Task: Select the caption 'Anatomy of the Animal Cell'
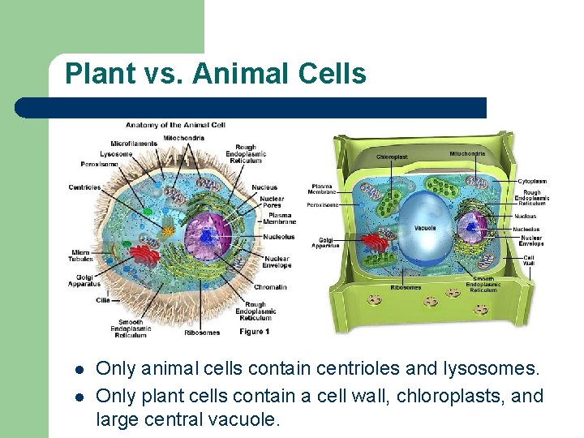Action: [174, 125]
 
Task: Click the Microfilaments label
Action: [135, 144]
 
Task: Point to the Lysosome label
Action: [116, 153]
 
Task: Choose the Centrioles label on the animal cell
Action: [84, 187]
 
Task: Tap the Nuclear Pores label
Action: [272, 201]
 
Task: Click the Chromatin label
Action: [270, 286]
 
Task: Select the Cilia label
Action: [101, 300]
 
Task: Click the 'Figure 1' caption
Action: [254, 332]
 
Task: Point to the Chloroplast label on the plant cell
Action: [392, 157]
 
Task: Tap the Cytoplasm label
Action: [532, 181]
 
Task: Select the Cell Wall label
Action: [528, 260]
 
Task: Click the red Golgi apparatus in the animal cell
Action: [146, 259]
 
